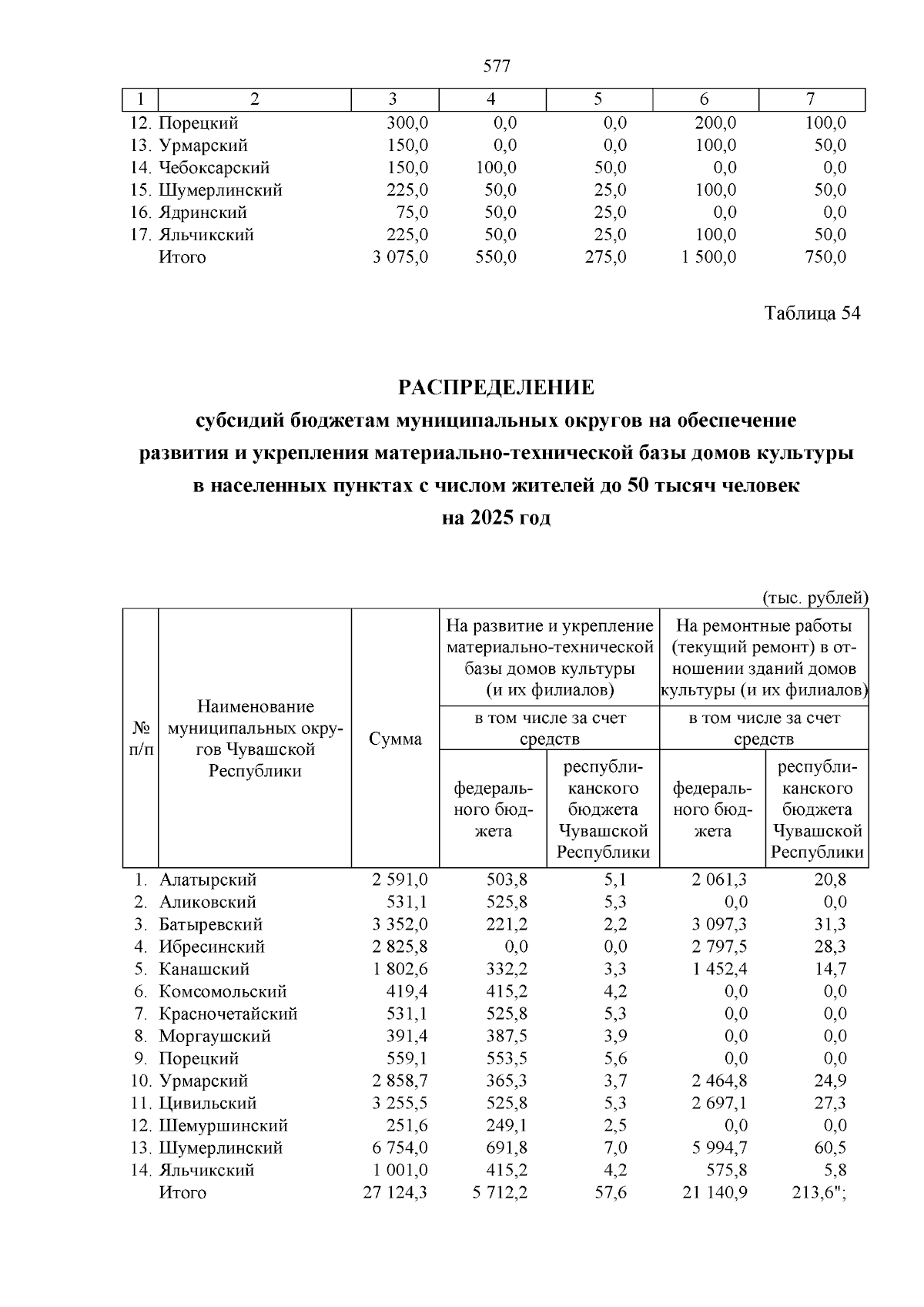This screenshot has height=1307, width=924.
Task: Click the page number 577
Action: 497,66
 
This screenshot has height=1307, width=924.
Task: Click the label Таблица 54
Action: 812,313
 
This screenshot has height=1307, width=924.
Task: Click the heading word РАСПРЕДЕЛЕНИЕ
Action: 497,387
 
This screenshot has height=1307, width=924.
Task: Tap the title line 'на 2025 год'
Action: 497,518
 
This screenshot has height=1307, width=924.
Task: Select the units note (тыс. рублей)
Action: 815,598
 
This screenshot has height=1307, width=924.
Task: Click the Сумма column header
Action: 395,739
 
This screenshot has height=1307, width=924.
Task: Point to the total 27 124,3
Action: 396,1192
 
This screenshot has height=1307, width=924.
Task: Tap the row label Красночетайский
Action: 228,1014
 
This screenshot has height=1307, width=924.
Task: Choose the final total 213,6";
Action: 819,1192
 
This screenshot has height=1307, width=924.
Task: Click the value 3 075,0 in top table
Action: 400,257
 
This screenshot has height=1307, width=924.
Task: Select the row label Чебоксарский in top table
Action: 214,168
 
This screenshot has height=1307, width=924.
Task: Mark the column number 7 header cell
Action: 811,99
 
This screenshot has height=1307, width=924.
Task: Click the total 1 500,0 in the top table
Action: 708,257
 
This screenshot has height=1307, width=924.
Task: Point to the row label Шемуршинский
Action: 223,1125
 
